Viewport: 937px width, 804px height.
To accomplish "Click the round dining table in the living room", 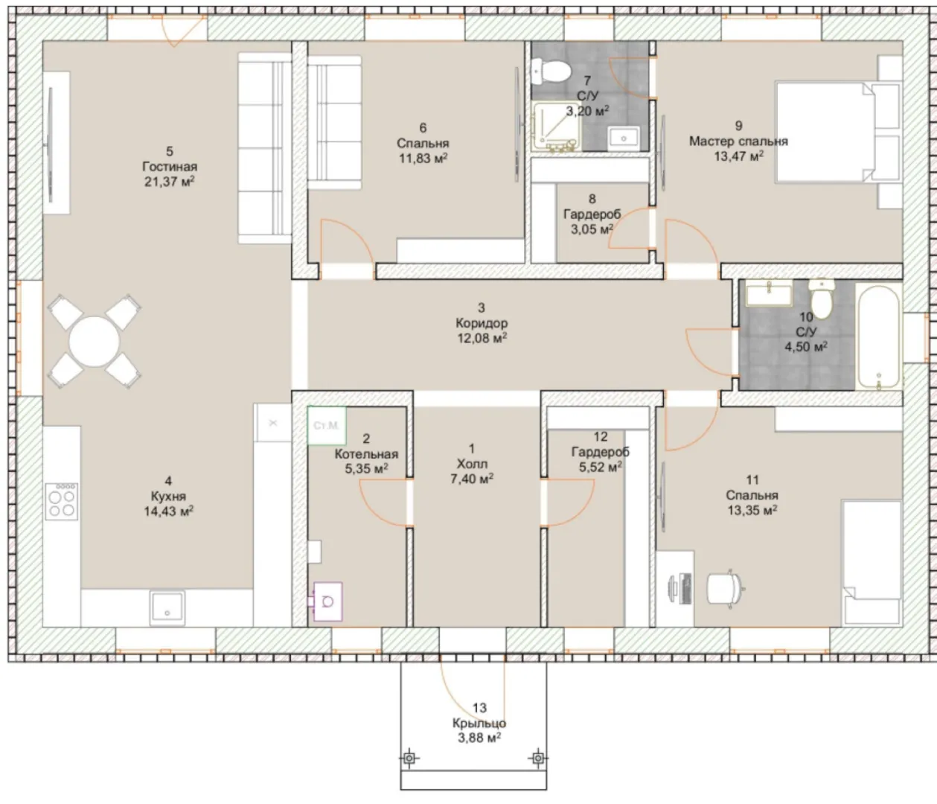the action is (94, 342).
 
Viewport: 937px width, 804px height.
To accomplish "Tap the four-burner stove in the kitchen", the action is (62, 501).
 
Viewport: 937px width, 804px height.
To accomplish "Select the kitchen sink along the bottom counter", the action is (167, 607).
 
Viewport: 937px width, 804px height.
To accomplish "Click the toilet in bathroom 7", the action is (550, 72).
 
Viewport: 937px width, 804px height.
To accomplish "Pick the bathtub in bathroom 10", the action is (878, 337).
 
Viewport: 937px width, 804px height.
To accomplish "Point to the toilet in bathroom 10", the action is (821, 298).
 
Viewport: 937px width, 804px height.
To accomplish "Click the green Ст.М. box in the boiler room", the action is (327, 425).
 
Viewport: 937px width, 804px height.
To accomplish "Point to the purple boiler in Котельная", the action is (327, 602).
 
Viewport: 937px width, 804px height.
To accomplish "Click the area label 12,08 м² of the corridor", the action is (482, 338).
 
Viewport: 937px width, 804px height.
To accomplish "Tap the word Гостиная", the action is (170, 167).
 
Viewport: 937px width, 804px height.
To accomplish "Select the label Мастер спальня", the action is (738, 141).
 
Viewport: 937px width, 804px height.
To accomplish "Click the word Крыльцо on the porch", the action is (479, 723).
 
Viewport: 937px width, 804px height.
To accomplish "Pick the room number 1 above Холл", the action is (472, 448).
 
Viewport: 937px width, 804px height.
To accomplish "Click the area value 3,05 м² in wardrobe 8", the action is (592, 229).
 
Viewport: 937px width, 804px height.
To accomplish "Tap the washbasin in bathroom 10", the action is (769, 293).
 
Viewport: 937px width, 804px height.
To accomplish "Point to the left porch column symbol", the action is (409, 758).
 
